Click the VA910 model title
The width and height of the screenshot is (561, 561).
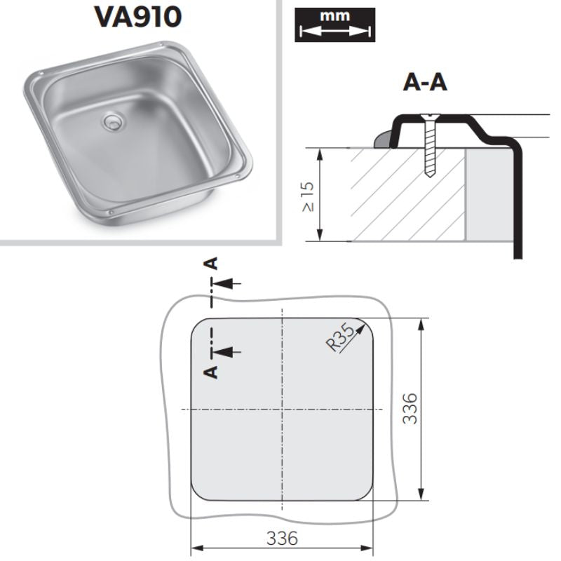137,17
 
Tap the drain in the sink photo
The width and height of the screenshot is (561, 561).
112,121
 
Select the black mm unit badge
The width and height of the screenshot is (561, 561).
335,25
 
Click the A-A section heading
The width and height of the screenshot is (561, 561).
425,83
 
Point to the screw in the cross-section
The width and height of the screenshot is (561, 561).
429,145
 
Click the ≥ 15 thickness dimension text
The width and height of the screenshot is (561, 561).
308,196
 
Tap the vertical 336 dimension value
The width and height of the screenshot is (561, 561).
410,409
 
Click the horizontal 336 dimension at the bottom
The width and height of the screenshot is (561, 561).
282,538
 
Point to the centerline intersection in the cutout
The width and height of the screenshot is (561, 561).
283,409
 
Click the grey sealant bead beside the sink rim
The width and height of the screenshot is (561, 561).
382,139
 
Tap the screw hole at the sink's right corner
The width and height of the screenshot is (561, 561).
236,176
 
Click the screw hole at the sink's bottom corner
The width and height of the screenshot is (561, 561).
111,212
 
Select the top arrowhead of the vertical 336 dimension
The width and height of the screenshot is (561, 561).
421,324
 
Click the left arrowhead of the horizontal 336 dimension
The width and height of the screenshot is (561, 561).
198,548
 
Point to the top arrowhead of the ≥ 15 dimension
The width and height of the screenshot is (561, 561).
320,154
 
